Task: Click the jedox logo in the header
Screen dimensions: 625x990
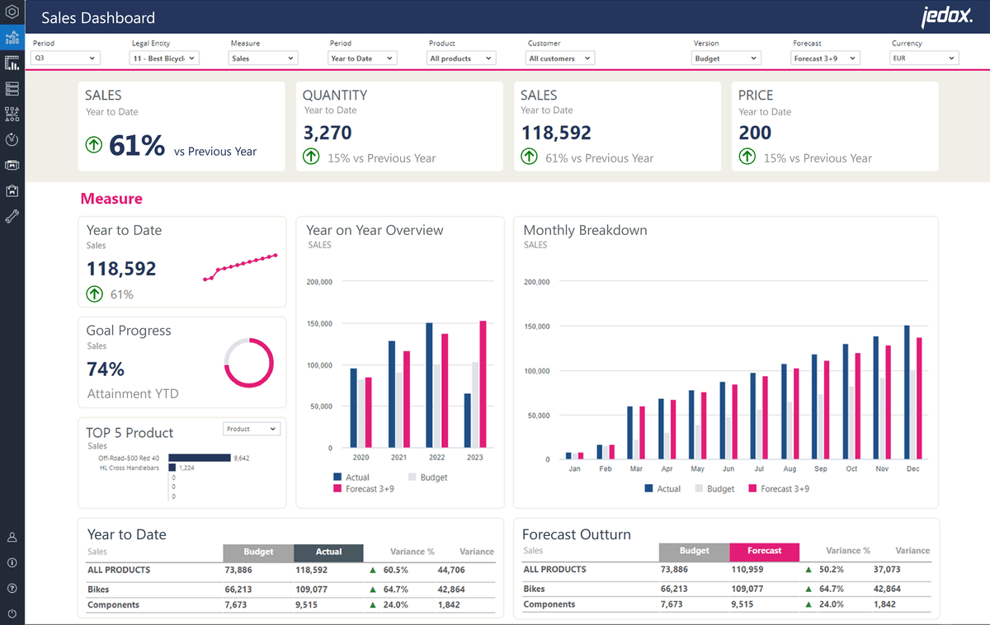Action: click(946, 16)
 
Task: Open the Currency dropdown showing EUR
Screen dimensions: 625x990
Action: click(924, 59)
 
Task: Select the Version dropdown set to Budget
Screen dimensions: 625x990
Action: click(726, 59)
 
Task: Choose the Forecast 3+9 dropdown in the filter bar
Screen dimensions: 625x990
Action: click(825, 59)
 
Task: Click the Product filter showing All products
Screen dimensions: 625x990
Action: click(462, 59)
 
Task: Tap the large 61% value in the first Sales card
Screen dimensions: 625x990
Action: click(137, 146)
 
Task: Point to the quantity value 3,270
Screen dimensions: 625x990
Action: click(328, 133)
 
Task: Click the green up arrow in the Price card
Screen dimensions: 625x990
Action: click(747, 157)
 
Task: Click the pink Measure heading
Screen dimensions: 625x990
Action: click(111, 199)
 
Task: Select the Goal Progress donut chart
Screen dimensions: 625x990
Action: click(248, 363)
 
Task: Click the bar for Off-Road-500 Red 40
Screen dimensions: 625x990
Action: click(199, 458)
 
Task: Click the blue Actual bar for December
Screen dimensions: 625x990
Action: click(907, 392)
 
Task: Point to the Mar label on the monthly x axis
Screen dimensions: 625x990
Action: click(635, 469)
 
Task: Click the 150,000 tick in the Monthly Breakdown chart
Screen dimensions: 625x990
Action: click(535, 327)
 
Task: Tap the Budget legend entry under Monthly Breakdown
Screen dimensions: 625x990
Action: click(714, 489)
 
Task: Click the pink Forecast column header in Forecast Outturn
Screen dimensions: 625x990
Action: click(764, 552)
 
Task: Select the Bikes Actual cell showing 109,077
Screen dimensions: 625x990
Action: click(310, 590)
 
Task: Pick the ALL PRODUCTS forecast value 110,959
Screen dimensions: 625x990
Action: click(747, 570)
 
